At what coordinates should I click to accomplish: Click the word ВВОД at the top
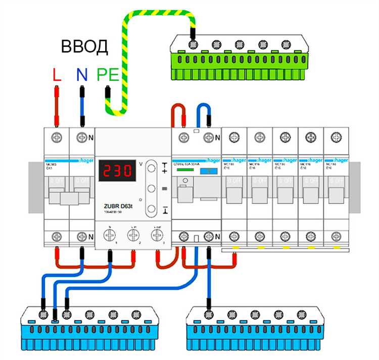[84, 46]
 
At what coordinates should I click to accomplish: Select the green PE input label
[108, 75]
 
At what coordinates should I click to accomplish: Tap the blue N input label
[81, 75]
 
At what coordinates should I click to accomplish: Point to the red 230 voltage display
[117, 171]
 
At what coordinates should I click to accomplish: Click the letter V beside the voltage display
[141, 163]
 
